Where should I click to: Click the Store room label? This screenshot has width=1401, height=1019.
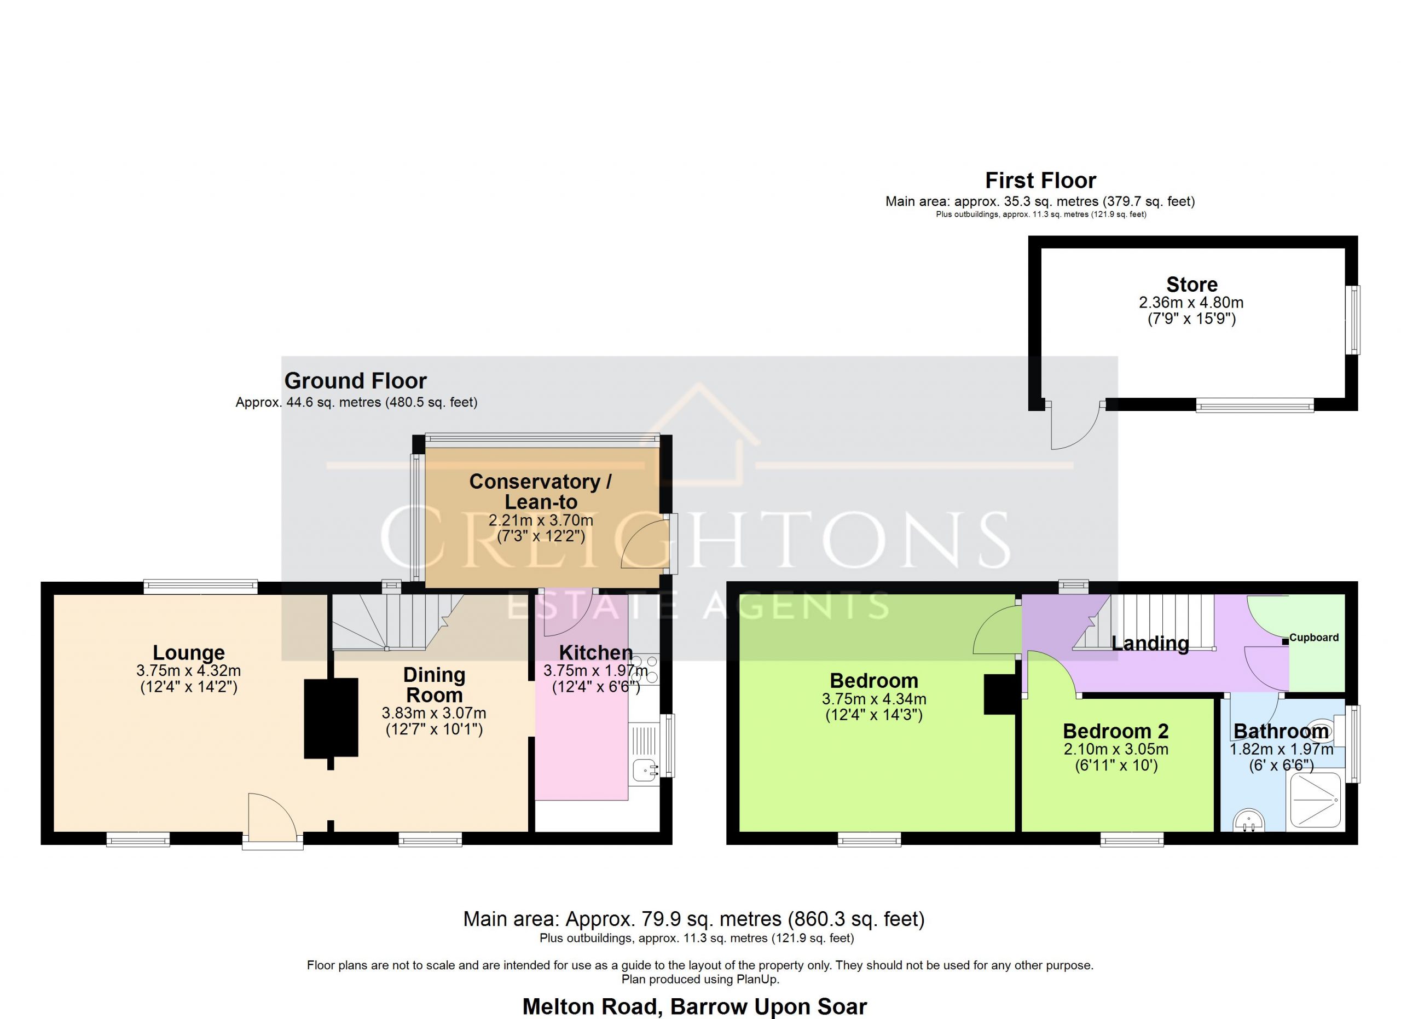click(x=1191, y=285)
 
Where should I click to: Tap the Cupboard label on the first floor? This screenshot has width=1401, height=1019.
click(x=1314, y=638)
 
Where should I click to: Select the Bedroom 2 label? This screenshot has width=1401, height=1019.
click(x=1116, y=731)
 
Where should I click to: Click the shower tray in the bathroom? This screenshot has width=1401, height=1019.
click(x=1315, y=801)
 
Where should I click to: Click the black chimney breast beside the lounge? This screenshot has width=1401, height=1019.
click(x=331, y=717)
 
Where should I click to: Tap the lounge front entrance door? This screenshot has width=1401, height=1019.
click(x=273, y=817)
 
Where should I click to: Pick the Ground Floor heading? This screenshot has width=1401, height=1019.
click(x=355, y=381)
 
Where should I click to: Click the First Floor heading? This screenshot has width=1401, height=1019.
click(x=1040, y=181)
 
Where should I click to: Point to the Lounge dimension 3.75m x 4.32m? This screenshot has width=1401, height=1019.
click(x=188, y=671)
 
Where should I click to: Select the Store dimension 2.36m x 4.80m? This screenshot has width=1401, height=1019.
click(x=1191, y=303)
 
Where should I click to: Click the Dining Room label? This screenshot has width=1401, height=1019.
click(x=435, y=685)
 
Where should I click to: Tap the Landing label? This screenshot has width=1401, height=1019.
click(x=1150, y=644)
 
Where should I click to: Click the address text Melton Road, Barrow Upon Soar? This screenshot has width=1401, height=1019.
click(x=695, y=1006)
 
